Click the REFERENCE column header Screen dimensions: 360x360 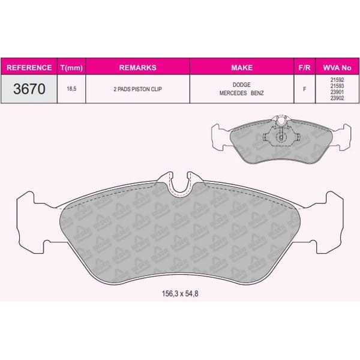click(x=30, y=68)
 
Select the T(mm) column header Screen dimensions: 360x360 click(x=71, y=68)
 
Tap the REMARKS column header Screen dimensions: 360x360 click(x=138, y=68)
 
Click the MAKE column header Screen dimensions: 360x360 click(x=242, y=68)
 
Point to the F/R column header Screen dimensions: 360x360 click(x=304, y=68)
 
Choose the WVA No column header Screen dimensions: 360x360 click(x=335, y=68)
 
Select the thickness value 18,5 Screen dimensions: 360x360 click(x=71, y=88)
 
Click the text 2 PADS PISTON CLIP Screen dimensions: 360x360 click(x=138, y=88)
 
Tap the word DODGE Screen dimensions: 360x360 click(x=242, y=85)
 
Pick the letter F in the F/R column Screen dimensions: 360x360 click(x=304, y=88)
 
